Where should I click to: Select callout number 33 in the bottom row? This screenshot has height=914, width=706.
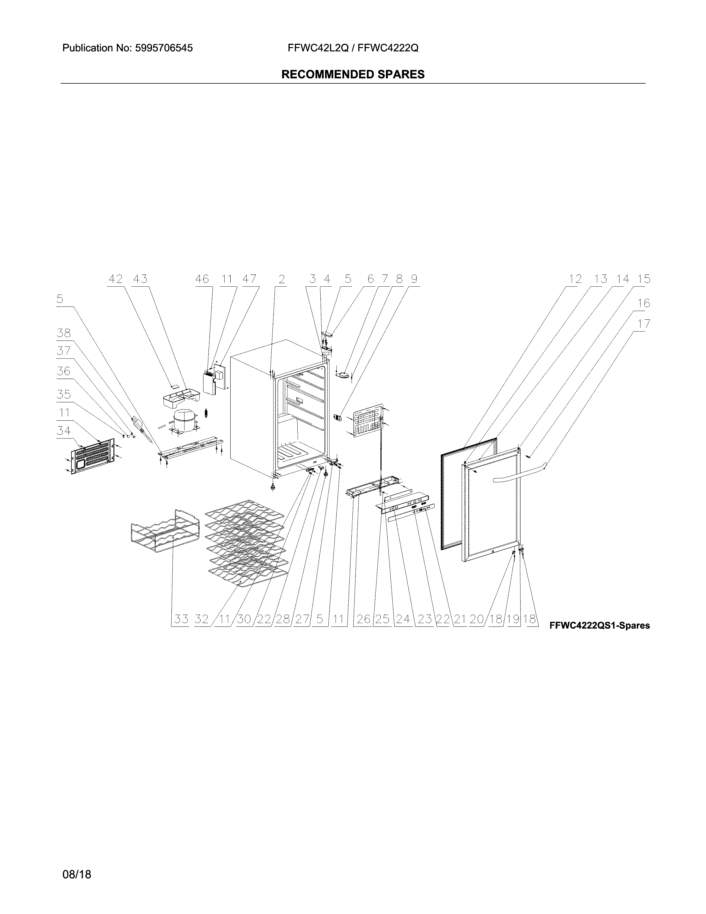181,619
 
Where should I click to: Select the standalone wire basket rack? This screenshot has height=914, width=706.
161,532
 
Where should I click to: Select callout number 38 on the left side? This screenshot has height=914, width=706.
64,333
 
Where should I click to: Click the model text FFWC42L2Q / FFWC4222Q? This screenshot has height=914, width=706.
352,48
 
